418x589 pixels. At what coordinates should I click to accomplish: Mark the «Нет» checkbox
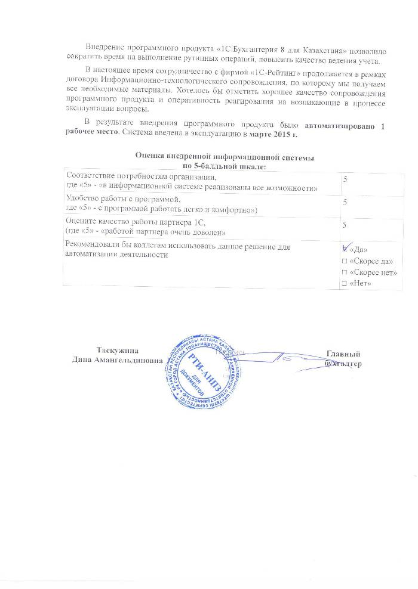point(344,283)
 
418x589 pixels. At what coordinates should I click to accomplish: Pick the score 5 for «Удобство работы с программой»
point(344,203)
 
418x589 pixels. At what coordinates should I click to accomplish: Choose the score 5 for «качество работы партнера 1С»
point(344,225)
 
